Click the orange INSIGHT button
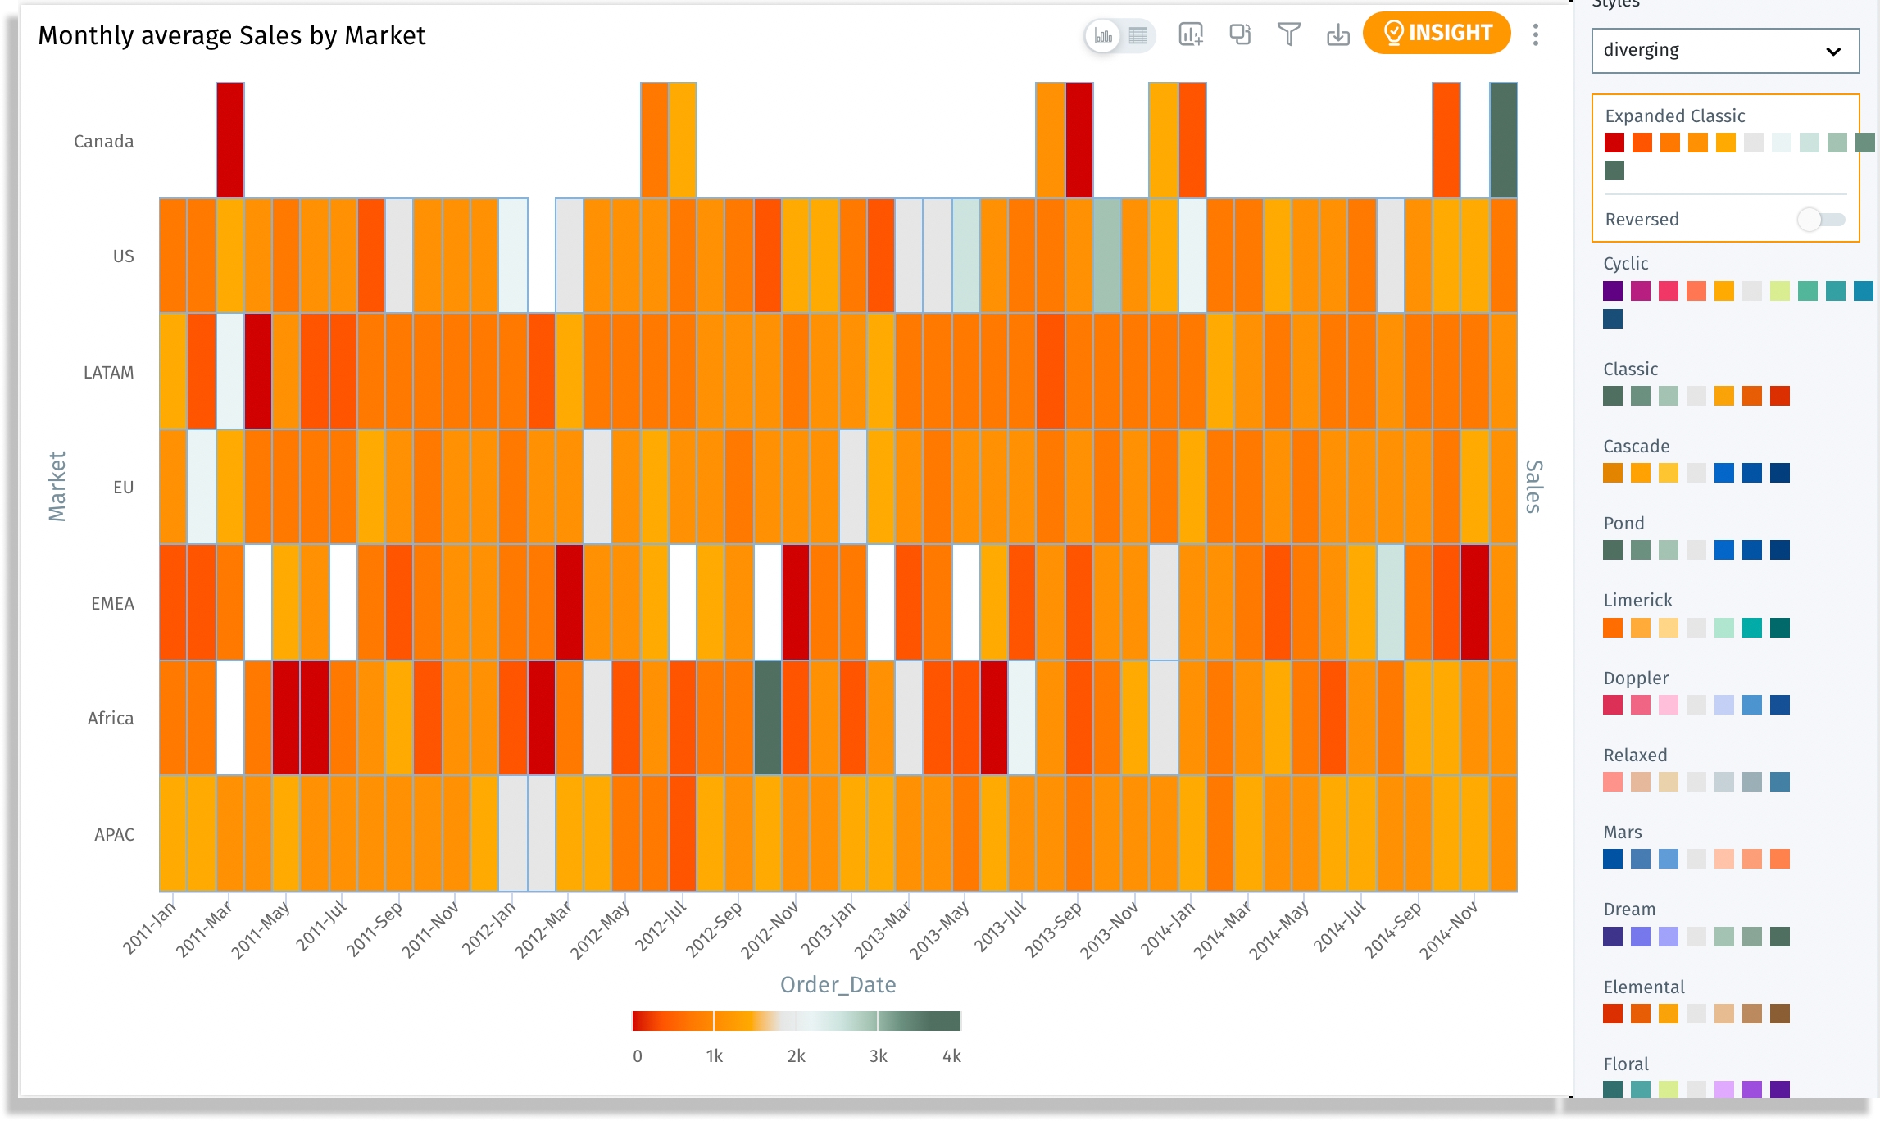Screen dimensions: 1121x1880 coord(1436,34)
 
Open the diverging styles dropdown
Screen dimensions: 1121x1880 coord(1724,51)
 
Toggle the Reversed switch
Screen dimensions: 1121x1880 coord(1820,220)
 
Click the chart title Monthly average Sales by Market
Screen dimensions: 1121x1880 coord(232,36)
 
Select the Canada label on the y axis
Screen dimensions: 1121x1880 coord(103,142)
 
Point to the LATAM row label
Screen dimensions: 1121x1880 coord(108,373)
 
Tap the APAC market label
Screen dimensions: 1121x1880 coord(114,835)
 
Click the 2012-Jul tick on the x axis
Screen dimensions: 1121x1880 coord(660,926)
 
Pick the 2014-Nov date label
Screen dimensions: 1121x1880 coord(1448,930)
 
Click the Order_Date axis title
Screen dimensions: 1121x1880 coord(838,985)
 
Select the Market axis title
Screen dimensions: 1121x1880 coord(57,486)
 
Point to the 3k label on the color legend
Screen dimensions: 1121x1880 coord(878,1056)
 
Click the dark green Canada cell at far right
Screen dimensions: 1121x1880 coord(1503,140)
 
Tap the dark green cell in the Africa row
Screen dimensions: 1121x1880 coord(767,718)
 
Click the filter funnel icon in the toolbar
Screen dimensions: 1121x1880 coord(1288,34)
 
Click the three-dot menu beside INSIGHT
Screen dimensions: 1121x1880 coord(1535,34)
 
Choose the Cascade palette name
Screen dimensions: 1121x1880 coord(1636,447)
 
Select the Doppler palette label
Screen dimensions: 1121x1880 coord(1636,678)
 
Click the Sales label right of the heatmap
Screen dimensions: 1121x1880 coord(1533,486)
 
